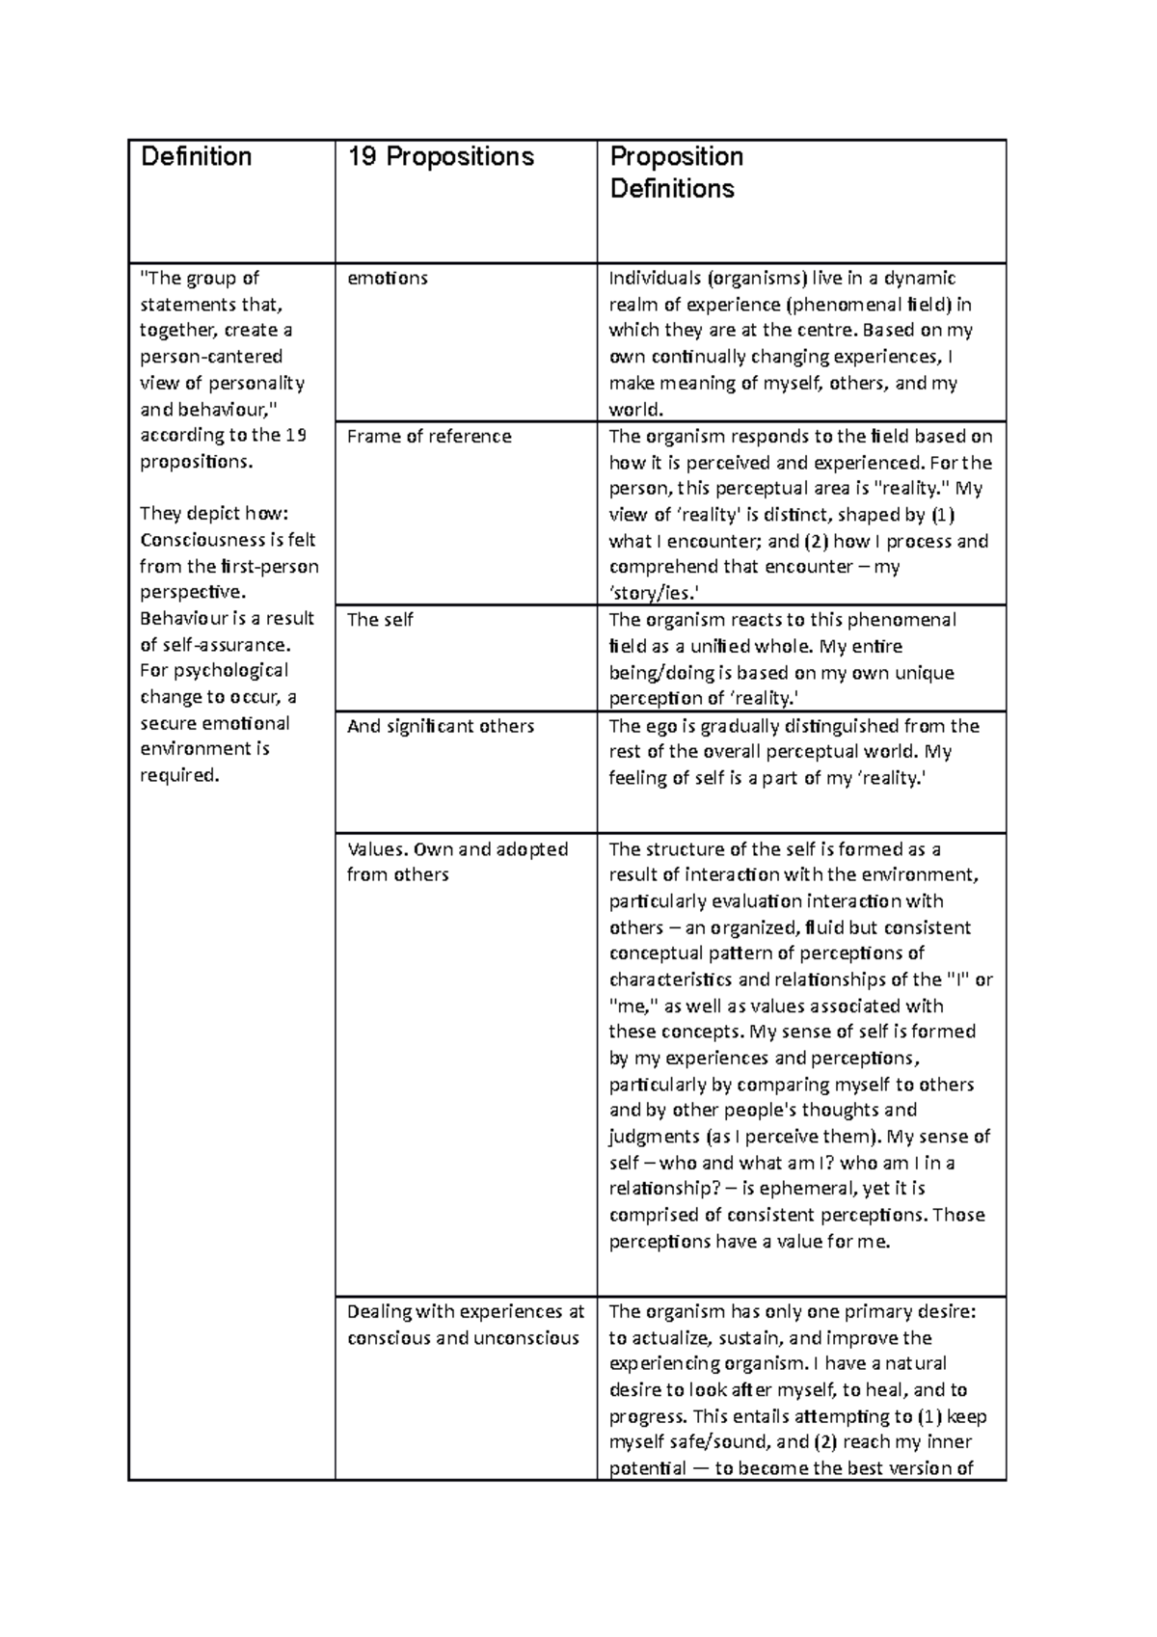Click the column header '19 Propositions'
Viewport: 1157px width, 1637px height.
[440, 157]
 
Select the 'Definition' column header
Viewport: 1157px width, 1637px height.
[196, 157]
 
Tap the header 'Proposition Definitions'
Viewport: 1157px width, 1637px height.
[676, 173]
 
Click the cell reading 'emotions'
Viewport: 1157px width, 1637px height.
[387, 279]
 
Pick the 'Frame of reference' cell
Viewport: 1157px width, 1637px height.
[429, 437]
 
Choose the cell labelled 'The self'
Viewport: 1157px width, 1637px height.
[380, 620]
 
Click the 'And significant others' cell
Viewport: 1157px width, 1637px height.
[440, 726]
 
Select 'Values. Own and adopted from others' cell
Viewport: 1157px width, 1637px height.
[457, 862]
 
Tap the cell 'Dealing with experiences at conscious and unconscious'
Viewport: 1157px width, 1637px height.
[466, 1325]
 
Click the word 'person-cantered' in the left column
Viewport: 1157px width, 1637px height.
[211, 357]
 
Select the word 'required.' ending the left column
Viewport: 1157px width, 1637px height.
[180, 775]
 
